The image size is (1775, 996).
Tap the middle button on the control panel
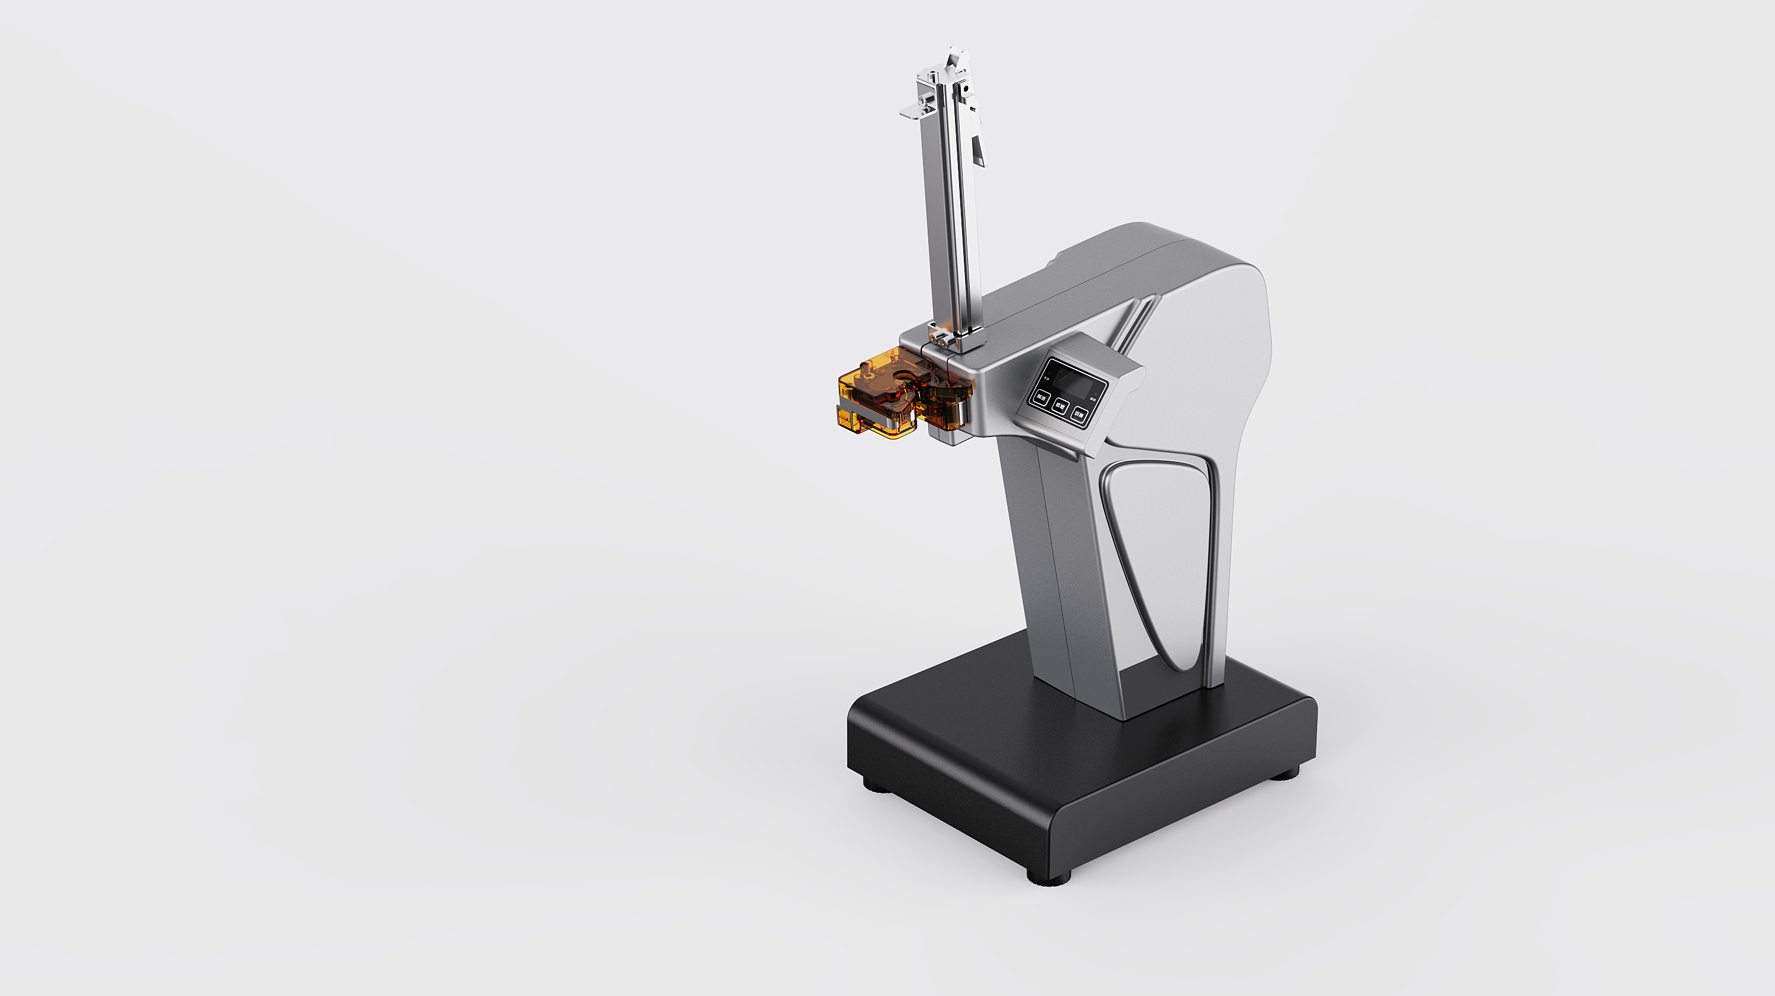click(1061, 406)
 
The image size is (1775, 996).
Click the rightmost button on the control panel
click(1080, 415)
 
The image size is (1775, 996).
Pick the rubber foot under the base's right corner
click(1285, 774)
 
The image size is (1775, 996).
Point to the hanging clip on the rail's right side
click(979, 148)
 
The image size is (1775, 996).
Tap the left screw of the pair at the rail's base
click(933, 339)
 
